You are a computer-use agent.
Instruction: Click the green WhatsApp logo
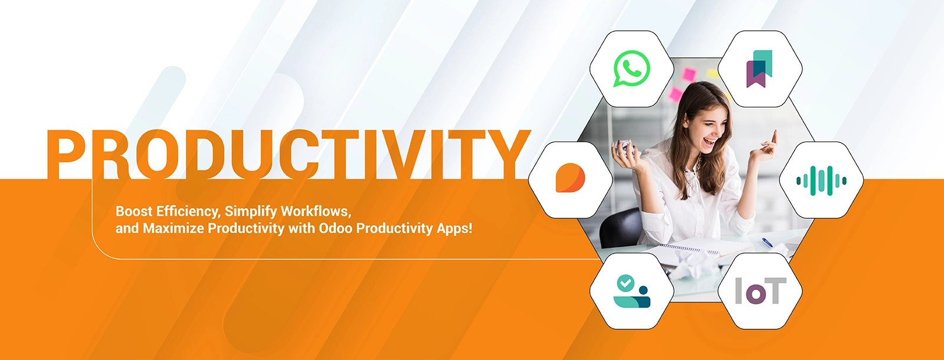632,68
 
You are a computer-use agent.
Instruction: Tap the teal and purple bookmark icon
759,68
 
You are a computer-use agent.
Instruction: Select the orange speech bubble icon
570,178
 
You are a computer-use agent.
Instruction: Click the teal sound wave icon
821,181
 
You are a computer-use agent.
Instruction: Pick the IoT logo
761,290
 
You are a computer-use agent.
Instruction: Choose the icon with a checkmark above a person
632,292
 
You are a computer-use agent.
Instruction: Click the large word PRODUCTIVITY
289,154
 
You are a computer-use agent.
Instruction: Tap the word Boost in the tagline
133,211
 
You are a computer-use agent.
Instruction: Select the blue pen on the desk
766,242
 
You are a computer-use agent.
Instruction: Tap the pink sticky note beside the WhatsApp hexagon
689,74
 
